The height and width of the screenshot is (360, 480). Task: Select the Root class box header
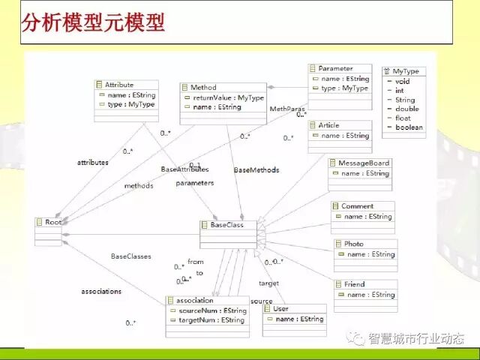point(53,222)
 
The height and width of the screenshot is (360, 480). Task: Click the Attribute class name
point(119,85)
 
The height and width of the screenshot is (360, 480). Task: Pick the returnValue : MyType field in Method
point(228,97)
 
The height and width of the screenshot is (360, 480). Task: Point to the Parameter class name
point(335,68)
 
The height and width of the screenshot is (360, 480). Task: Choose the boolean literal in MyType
point(409,127)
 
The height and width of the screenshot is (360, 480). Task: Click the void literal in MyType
point(402,81)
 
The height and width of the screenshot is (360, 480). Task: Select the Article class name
point(328,125)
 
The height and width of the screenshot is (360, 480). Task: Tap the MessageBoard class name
point(364,163)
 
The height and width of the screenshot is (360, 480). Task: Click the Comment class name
point(357,205)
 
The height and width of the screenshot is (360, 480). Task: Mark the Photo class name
point(353,244)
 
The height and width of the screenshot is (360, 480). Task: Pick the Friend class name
point(354,284)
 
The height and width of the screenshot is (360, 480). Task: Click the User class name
point(280,308)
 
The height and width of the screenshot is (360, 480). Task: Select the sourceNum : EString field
point(212,310)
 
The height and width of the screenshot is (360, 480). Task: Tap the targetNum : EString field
point(211,320)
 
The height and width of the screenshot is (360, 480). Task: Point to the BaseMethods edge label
point(256,170)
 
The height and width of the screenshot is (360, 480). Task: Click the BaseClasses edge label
point(131,256)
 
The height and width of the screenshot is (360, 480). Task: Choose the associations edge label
point(101,291)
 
